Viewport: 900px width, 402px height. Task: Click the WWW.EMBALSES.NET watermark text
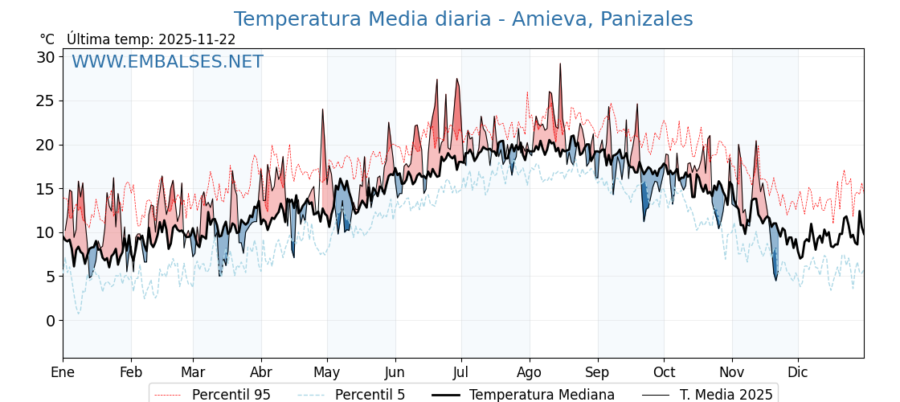[167, 62]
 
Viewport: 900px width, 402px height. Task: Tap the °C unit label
[47, 39]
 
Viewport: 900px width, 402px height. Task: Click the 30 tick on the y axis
[45, 57]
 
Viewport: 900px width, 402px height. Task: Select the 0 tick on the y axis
[50, 320]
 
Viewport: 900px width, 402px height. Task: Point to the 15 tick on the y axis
[45, 189]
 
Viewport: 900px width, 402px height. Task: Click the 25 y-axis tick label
[45, 101]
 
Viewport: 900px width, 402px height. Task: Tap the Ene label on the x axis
[63, 372]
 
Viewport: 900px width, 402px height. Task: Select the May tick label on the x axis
[327, 372]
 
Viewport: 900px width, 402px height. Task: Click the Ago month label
[530, 372]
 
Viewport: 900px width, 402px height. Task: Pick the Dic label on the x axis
[798, 372]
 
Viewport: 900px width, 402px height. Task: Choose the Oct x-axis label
[664, 372]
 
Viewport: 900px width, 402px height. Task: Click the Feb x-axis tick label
[131, 372]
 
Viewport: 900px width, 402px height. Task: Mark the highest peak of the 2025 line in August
[560, 64]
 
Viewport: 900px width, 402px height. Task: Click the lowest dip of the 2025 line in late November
[776, 280]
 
